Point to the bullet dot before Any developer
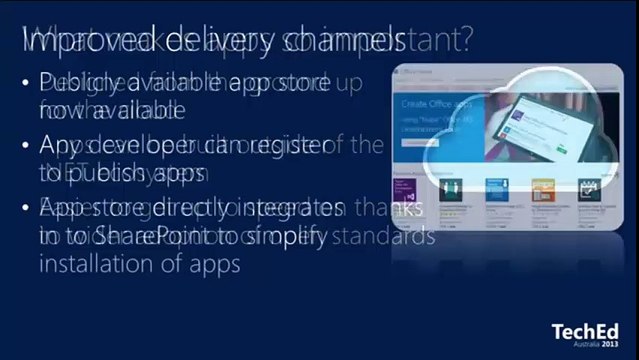(x=24, y=146)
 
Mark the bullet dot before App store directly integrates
(x=24, y=209)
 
